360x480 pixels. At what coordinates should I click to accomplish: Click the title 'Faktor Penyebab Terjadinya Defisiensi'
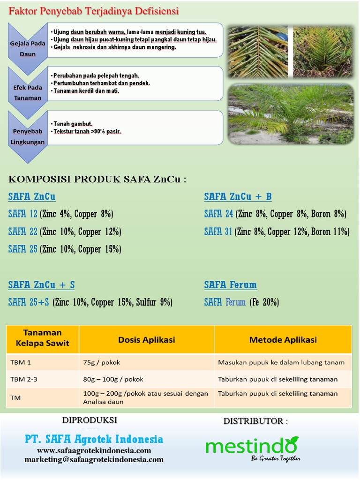pos(94,10)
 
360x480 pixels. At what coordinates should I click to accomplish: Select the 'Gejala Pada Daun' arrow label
pos(28,49)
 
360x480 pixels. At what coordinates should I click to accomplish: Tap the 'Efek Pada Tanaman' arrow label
pos(28,92)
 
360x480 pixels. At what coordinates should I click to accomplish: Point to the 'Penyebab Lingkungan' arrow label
pos(28,136)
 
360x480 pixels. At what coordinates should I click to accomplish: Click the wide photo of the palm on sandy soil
pos(291,114)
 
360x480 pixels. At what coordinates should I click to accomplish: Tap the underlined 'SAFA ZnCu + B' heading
pos(238,196)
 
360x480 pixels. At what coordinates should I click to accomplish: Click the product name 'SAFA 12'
pos(22,214)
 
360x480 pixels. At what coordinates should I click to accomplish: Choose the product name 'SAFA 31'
pos(218,232)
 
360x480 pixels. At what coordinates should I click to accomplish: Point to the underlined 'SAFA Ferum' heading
pos(230,285)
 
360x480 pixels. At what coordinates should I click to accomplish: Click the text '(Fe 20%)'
pos(264,302)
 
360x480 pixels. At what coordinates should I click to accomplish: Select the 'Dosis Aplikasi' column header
pos(146,340)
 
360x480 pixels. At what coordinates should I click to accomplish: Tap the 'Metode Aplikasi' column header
pos(283,340)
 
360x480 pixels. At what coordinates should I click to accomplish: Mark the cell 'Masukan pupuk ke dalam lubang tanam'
pos(281,362)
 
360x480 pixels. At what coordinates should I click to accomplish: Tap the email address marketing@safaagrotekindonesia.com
pos(94,460)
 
